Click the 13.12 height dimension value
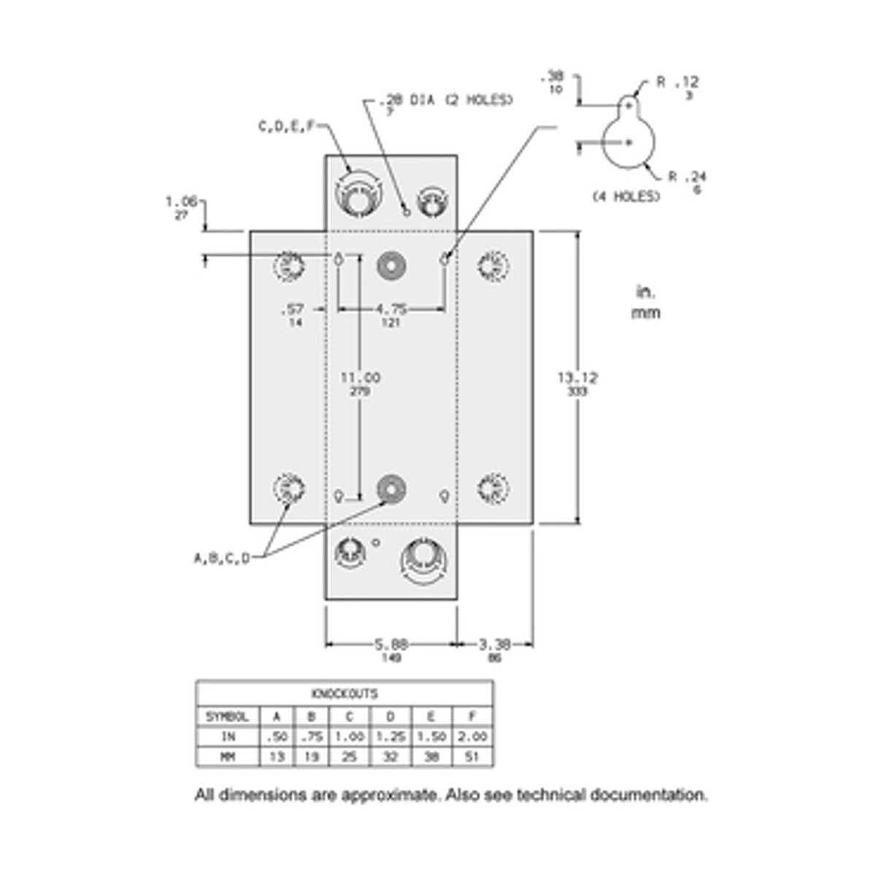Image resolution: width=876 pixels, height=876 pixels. [577, 377]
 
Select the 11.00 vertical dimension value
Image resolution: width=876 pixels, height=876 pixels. [360, 377]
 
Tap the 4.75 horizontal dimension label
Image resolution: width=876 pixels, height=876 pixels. [391, 309]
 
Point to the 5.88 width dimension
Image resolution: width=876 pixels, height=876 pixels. [391, 645]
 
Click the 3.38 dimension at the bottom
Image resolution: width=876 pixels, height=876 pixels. [494, 645]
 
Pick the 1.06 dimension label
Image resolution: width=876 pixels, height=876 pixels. [181, 201]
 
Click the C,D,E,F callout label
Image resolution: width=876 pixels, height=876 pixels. [287, 126]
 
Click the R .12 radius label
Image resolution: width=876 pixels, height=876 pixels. [677, 82]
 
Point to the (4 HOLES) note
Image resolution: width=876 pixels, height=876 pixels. [626, 196]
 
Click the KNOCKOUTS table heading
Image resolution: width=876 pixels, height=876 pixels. [345, 693]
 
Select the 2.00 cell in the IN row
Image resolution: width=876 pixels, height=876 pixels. [472, 737]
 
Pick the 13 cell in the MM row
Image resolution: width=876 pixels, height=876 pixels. [277, 757]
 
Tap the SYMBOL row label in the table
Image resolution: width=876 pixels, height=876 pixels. [227, 717]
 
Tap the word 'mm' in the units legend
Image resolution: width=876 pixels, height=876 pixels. [646, 313]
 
